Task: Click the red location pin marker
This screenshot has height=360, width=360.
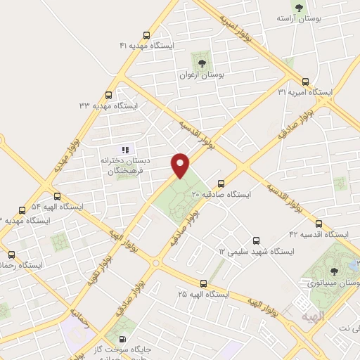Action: point(181,165)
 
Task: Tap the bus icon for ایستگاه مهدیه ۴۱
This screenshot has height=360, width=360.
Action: point(146,35)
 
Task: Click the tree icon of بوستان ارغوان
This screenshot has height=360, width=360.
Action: point(202,63)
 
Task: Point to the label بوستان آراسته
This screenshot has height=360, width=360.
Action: point(300,18)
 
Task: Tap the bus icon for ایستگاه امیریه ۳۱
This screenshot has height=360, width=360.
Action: point(305,82)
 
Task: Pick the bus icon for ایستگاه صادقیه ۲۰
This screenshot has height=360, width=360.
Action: point(221,184)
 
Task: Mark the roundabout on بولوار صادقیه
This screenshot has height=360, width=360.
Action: point(155,263)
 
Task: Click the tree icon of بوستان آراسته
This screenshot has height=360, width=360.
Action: point(300,7)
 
